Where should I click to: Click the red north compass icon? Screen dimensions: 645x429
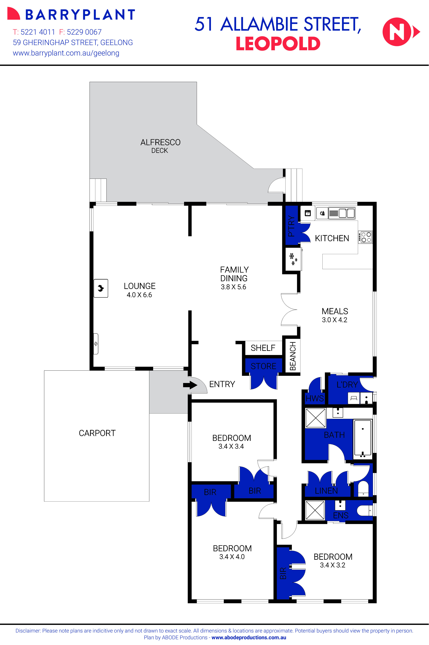tap(397, 32)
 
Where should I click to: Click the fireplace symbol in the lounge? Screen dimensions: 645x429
tap(101, 288)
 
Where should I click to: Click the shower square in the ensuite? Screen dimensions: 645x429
tap(315, 510)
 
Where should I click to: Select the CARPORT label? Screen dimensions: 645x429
tap(97, 433)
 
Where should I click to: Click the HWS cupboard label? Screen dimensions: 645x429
tap(315, 398)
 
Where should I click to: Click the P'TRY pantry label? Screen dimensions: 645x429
tap(291, 226)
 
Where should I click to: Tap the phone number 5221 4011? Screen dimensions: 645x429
tap(38, 32)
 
